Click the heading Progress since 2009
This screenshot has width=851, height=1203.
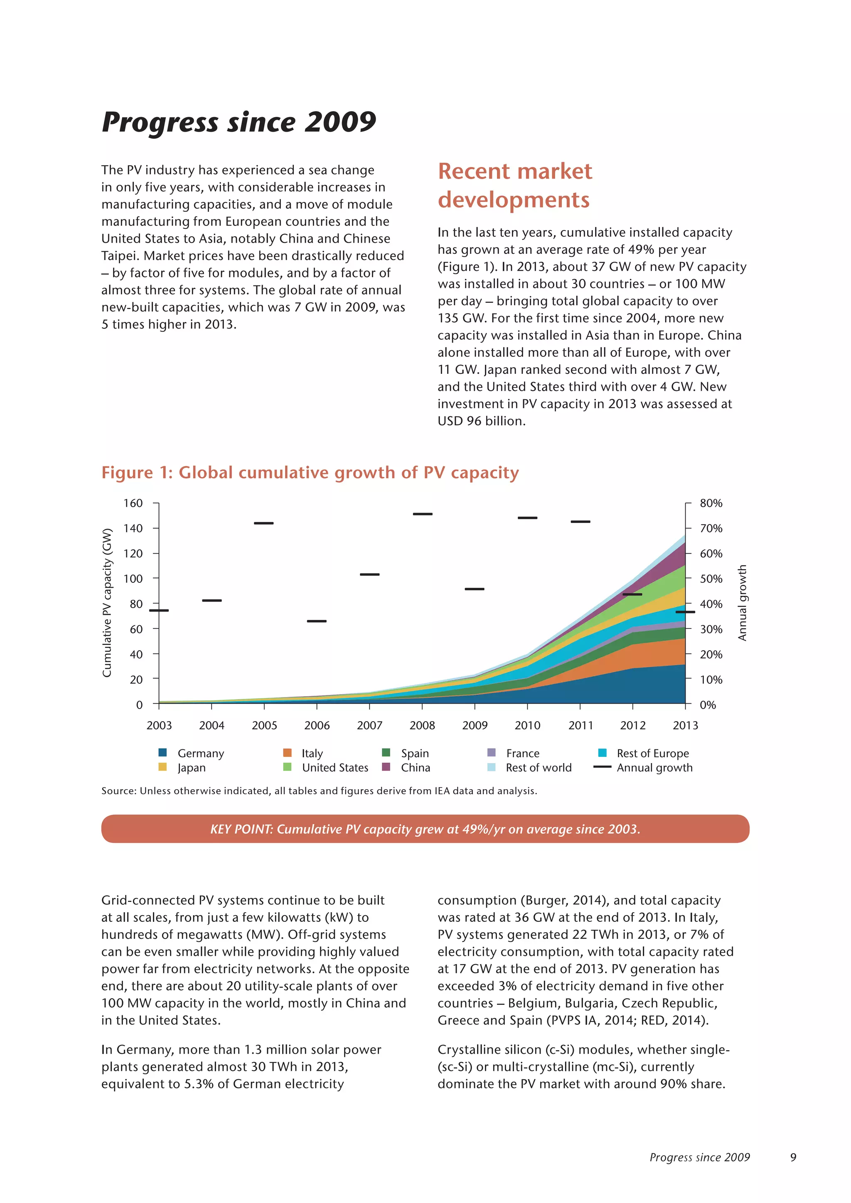pos(239,123)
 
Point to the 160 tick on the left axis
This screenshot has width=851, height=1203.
pos(133,503)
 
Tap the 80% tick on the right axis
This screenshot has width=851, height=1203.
pos(711,503)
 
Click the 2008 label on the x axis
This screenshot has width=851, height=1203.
pos(422,726)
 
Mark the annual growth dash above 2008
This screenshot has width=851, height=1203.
pos(422,514)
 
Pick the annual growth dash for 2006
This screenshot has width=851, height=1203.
pos(317,621)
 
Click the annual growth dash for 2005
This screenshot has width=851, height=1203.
pos(263,523)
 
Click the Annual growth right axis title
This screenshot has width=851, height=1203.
pos(743,603)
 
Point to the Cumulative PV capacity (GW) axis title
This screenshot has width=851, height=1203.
pos(107,603)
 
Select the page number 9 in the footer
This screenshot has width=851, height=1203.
pos(793,1157)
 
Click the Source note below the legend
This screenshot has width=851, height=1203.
pos(319,791)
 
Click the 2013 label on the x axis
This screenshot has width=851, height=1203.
pos(685,726)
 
